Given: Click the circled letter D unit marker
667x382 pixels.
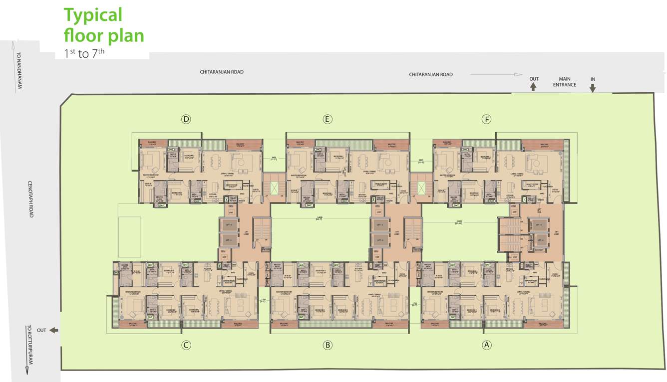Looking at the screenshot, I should tap(186, 119).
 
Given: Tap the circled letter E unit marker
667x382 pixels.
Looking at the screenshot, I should tap(327, 119).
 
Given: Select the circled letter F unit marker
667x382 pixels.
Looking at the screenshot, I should tap(486, 119).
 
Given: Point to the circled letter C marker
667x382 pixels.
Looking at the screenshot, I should tap(186, 345).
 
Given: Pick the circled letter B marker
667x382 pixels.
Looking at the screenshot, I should tap(327, 345).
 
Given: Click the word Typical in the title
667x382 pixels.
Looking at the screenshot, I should tap(93, 15).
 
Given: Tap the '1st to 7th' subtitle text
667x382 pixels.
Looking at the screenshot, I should tap(84, 54).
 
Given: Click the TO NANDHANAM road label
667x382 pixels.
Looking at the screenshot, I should tap(20, 70).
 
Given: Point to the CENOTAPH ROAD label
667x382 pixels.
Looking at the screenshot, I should tap(30, 198).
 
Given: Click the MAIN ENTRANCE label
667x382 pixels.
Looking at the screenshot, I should tap(564, 82).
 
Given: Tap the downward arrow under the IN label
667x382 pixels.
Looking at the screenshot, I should tap(593, 88).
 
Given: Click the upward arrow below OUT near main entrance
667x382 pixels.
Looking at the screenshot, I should tap(533, 87).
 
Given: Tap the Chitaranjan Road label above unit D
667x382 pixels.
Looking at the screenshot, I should tap(222, 72).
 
